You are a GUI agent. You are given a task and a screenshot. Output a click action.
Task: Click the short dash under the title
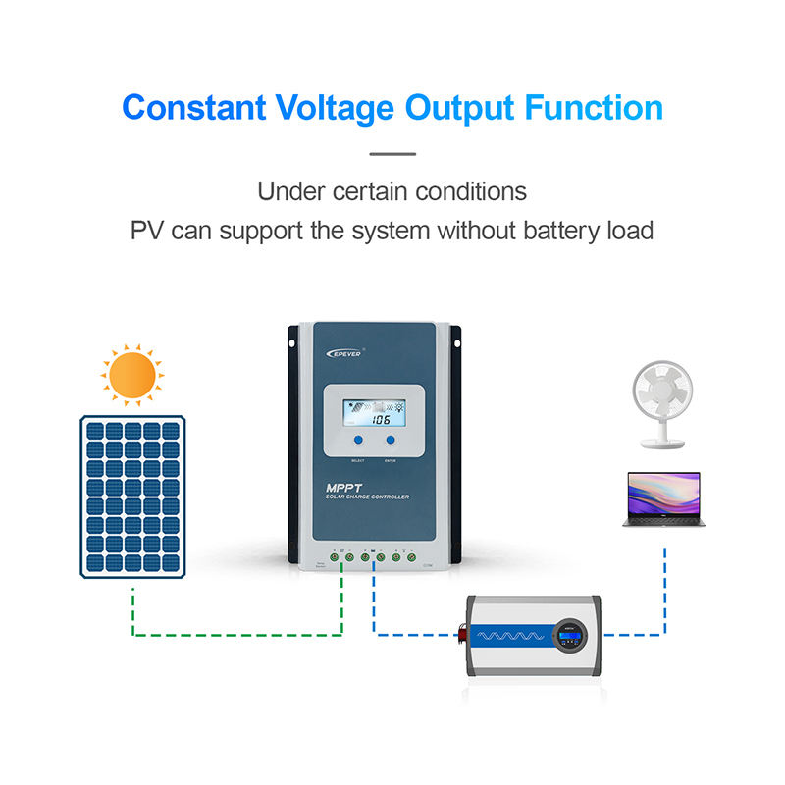392,153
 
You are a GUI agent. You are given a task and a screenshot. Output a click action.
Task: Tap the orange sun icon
132,374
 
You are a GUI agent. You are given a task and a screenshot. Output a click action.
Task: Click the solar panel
132,495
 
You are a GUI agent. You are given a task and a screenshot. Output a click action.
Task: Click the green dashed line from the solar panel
235,633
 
